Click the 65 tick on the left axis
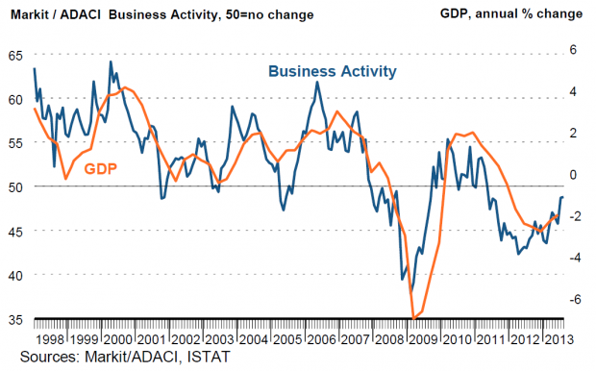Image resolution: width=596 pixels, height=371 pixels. [x=15, y=56]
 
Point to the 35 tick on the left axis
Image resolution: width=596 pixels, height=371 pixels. [x=15, y=320]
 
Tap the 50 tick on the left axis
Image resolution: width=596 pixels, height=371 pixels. [x=15, y=187]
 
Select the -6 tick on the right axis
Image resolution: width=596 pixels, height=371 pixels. [x=576, y=300]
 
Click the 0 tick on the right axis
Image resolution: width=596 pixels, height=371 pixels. [x=573, y=175]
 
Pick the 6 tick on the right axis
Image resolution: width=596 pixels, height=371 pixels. [x=573, y=50]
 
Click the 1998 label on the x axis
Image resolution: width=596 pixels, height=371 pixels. [x=50, y=339]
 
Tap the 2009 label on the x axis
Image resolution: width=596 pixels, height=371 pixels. [x=424, y=339]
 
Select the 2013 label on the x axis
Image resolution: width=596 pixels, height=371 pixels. [x=559, y=339]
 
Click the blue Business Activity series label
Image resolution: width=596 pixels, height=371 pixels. [x=333, y=71]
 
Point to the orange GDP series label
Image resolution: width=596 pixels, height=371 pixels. [x=101, y=168]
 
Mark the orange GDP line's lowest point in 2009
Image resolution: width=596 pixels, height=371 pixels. [x=414, y=318]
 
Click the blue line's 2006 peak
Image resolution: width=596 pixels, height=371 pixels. [x=317, y=82]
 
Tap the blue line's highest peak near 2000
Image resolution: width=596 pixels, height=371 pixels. [x=111, y=62]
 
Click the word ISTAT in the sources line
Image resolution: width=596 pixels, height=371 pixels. [x=209, y=357]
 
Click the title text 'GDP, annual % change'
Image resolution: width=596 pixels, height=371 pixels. [x=511, y=14]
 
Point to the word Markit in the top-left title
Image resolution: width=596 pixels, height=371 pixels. [x=29, y=14]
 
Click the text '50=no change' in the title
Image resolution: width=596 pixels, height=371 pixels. [x=269, y=15]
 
